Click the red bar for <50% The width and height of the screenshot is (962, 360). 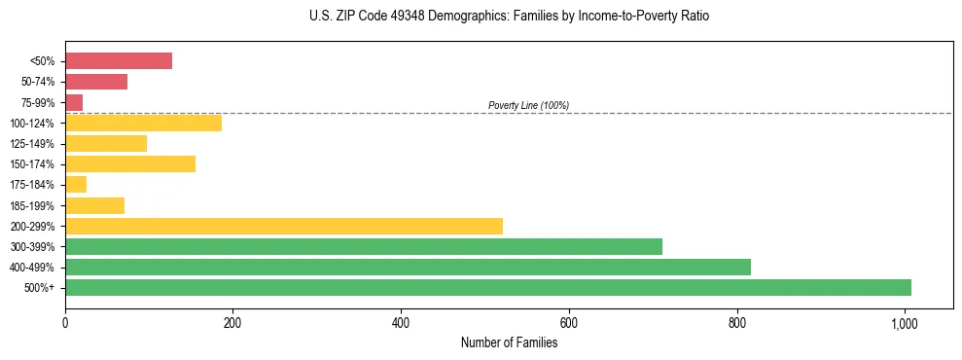(x=119, y=61)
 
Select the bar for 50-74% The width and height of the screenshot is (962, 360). (x=96, y=82)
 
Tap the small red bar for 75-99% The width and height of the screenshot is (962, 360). (x=74, y=102)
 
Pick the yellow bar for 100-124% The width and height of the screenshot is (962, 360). (x=143, y=123)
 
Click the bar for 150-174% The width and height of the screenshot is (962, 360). (x=130, y=163)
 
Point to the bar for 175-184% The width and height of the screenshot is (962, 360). (x=76, y=184)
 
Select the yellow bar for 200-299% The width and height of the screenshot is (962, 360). (x=284, y=226)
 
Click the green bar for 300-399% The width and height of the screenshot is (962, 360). (x=364, y=246)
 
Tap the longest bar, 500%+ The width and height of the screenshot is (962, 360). (x=488, y=287)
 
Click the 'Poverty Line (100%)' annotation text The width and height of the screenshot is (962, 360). (x=528, y=105)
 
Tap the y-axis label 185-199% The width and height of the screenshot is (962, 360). (x=32, y=205)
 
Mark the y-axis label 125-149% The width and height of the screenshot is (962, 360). (x=32, y=143)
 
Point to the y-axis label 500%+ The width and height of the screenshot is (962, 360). (x=40, y=287)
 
